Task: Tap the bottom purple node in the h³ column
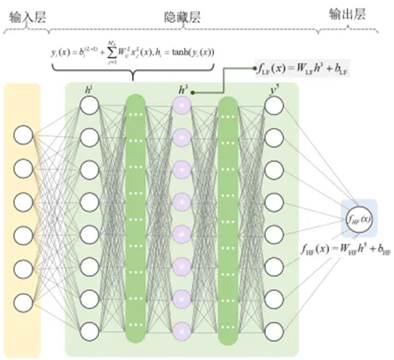(x=182, y=329)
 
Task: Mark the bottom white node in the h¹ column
(x=90, y=329)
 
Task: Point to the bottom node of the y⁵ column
(x=274, y=329)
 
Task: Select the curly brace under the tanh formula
(x=133, y=73)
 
